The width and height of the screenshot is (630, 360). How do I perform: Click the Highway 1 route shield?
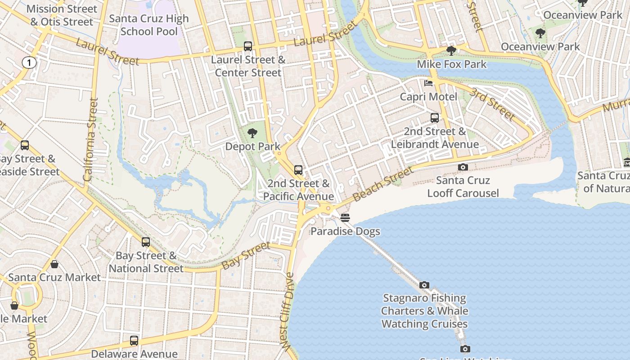(29, 63)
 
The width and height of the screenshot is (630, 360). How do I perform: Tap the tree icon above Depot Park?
(252, 133)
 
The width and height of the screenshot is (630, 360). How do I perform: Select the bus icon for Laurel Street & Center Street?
(247, 46)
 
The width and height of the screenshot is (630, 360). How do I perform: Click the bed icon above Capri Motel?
(428, 83)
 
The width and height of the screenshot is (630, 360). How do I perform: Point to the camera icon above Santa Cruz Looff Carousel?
(463, 167)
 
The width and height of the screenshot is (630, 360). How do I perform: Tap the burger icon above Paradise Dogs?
(345, 218)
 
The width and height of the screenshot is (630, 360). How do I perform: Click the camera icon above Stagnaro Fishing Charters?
(424, 285)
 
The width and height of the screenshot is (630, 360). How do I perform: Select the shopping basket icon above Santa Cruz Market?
(54, 264)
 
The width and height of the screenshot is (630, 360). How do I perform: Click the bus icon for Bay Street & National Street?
(145, 242)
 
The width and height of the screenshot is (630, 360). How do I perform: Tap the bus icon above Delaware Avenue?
(134, 341)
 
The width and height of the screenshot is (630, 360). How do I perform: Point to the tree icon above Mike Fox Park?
(451, 50)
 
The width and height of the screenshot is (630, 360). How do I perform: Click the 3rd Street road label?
(492, 104)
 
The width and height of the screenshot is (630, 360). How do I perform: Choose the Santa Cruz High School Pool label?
(149, 25)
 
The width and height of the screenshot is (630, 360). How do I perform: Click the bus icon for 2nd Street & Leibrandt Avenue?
(435, 118)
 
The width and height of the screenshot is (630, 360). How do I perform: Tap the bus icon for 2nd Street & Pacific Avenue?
(298, 170)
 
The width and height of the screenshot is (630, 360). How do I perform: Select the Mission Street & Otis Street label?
(62, 15)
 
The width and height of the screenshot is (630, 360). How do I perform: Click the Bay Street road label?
(246, 255)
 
